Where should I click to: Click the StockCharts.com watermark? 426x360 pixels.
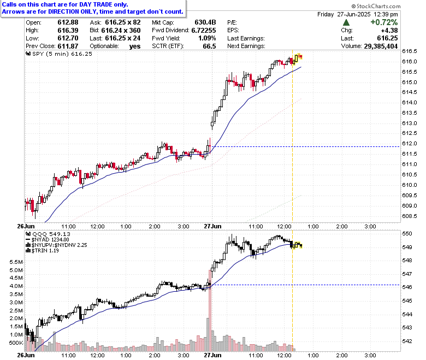point(376,6)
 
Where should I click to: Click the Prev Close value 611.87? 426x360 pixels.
point(68,46)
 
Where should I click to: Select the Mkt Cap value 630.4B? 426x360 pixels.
point(205,22)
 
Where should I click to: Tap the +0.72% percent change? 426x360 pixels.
point(384,22)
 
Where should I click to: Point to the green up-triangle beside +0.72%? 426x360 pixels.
point(346,22)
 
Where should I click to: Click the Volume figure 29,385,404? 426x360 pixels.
point(381,46)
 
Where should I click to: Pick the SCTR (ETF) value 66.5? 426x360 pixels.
point(209,46)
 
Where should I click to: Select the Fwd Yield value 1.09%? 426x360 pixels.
point(207,38)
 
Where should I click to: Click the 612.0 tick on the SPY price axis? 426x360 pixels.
point(410,144)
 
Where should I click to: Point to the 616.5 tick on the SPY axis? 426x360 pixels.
point(410,51)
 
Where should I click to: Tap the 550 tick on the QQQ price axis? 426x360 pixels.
point(407,234)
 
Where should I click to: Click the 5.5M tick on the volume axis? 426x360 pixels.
point(16,262)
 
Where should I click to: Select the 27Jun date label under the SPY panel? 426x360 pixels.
point(213,226)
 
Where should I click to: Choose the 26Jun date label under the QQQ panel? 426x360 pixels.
point(26,355)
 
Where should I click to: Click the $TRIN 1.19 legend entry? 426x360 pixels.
point(42,251)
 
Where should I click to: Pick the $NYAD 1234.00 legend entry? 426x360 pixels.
point(48,240)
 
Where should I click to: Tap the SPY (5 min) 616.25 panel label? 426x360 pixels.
point(59,54)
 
